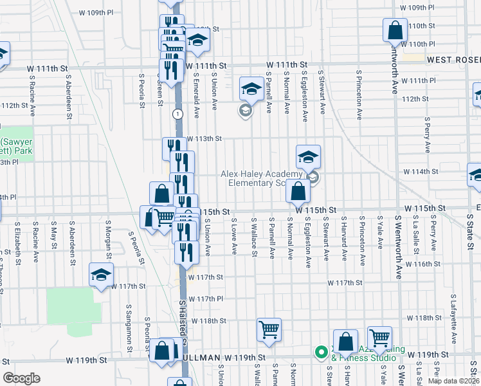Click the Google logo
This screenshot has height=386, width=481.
(21, 378)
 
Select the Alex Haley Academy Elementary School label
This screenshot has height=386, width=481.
(261, 178)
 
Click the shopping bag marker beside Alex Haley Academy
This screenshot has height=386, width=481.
(298, 190)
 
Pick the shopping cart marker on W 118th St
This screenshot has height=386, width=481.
(269, 329)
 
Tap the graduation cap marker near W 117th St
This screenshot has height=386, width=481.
(102, 276)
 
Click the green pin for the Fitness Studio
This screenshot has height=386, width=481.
(320, 352)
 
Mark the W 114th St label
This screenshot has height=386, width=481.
(421, 172)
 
